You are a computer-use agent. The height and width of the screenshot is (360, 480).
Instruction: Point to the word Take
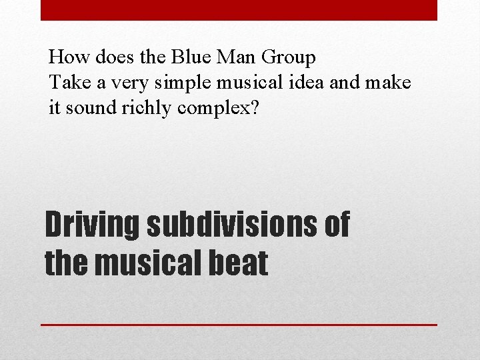pos(67,83)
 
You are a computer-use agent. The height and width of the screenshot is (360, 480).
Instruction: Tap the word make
pos(390,83)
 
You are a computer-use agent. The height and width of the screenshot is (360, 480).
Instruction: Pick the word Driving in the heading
pos(91,225)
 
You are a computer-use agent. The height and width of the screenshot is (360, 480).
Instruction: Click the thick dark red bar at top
pos(239,10)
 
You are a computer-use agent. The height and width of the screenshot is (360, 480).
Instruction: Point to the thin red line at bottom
pos(239,325)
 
